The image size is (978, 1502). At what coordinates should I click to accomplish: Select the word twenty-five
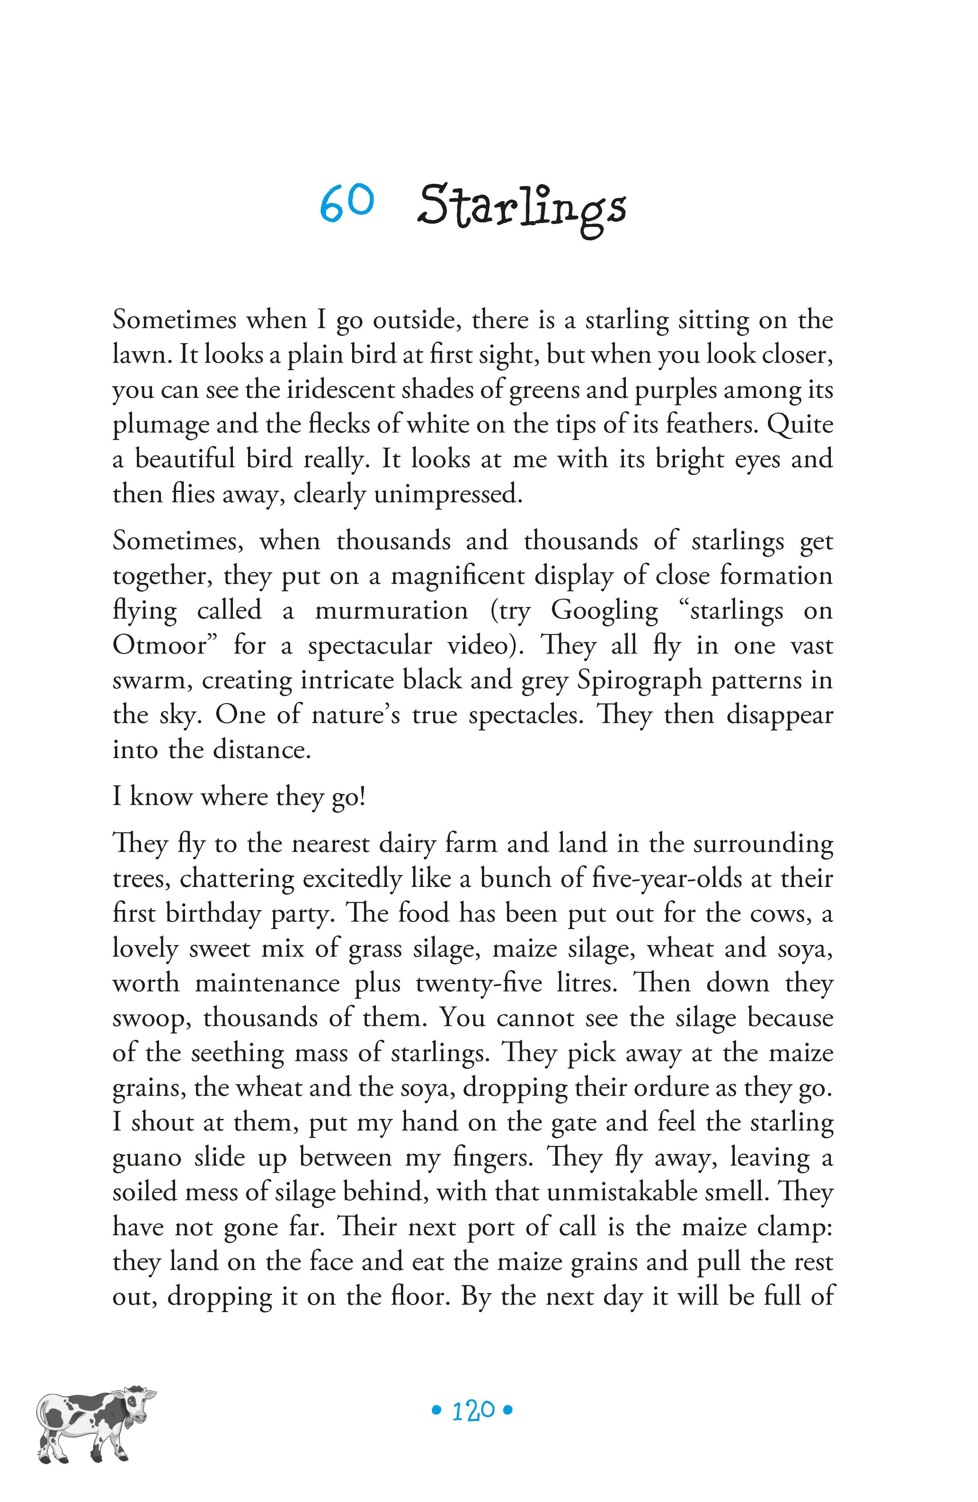point(478,983)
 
